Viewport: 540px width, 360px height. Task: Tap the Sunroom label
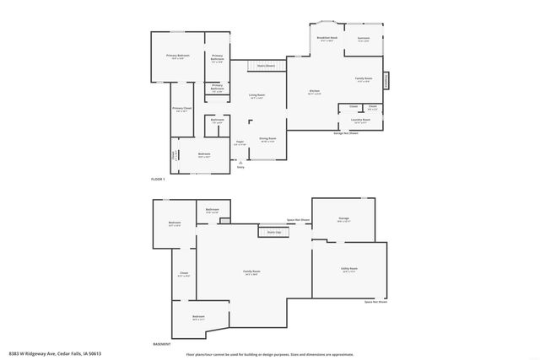pos(364,39)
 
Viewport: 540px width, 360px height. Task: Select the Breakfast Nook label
pos(327,39)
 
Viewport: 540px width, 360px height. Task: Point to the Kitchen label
pos(314,92)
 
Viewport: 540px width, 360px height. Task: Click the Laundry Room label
pos(361,121)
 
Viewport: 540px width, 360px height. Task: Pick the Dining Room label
pos(268,139)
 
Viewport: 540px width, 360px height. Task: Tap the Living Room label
pos(256,95)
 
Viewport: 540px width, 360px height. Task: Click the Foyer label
pos(240,142)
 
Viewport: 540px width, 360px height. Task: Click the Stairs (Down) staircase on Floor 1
pos(267,65)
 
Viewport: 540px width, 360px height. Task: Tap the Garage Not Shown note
pos(346,133)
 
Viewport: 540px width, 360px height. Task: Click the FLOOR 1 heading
pos(158,180)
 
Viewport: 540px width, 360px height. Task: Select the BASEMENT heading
pos(161,344)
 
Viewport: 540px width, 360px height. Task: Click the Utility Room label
pos(348,269)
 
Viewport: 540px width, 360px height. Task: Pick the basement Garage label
pos(343,219)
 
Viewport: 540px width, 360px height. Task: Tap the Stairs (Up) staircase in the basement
pos(273,231)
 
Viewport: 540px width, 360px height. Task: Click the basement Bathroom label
pos(213,210)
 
